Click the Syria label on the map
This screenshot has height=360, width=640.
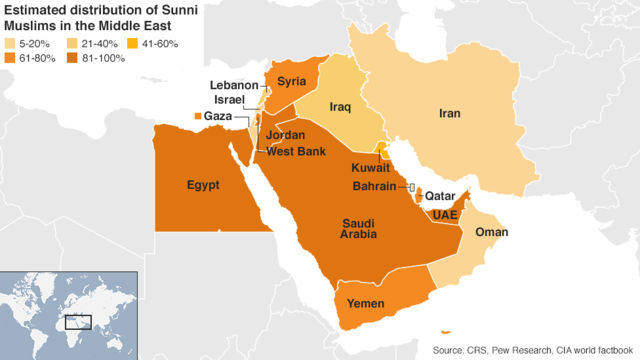click(x=292, y=81)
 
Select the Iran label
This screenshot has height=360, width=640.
click(x=449, y=114)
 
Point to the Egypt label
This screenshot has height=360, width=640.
click(x=203, y=185)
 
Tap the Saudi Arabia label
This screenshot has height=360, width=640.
click(x=357, y=227)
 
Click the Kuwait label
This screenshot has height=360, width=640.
click(x=371, y=169)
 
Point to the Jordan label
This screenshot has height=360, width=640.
click(x=286, y=135)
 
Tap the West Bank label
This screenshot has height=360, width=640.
click(x=294, y=150)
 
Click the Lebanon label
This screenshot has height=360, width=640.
click(x=234, y=86)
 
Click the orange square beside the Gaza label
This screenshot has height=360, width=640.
click(x=196, y=118)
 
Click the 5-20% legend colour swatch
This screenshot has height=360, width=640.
click(x=11, y=44)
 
